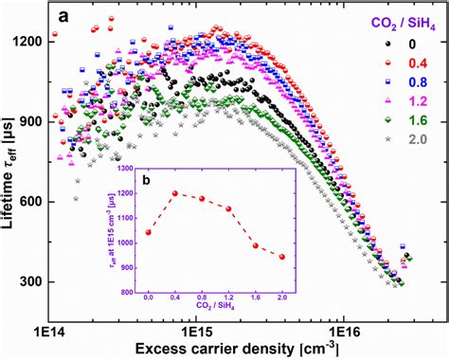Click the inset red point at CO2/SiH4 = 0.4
(174, 193)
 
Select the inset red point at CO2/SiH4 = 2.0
(282, 257)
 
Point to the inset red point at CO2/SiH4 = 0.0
(148, 232)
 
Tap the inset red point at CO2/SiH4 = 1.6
(256, 245)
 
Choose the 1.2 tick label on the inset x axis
(228, 296)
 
